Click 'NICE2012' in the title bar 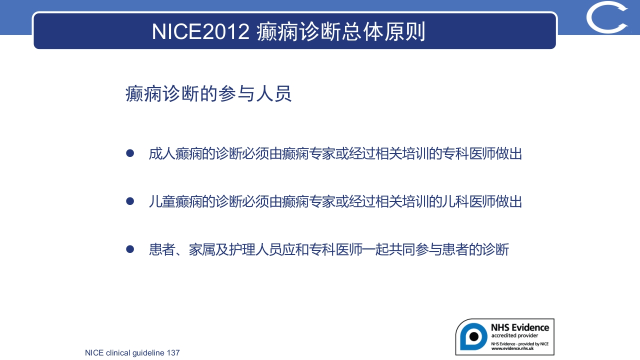(200, 31)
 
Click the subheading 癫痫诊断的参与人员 (208, 94)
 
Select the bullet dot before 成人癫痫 (130, 153)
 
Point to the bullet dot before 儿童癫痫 (130, 201)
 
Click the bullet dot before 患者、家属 (130, 249)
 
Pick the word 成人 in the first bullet (162, 153)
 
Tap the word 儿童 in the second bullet (162, 201)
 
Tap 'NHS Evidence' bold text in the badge (519, 327)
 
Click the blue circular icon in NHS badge (473, 336)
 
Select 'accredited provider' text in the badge (514, 335)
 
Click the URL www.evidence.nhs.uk (513, 348)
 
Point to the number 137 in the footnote (173, 353)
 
